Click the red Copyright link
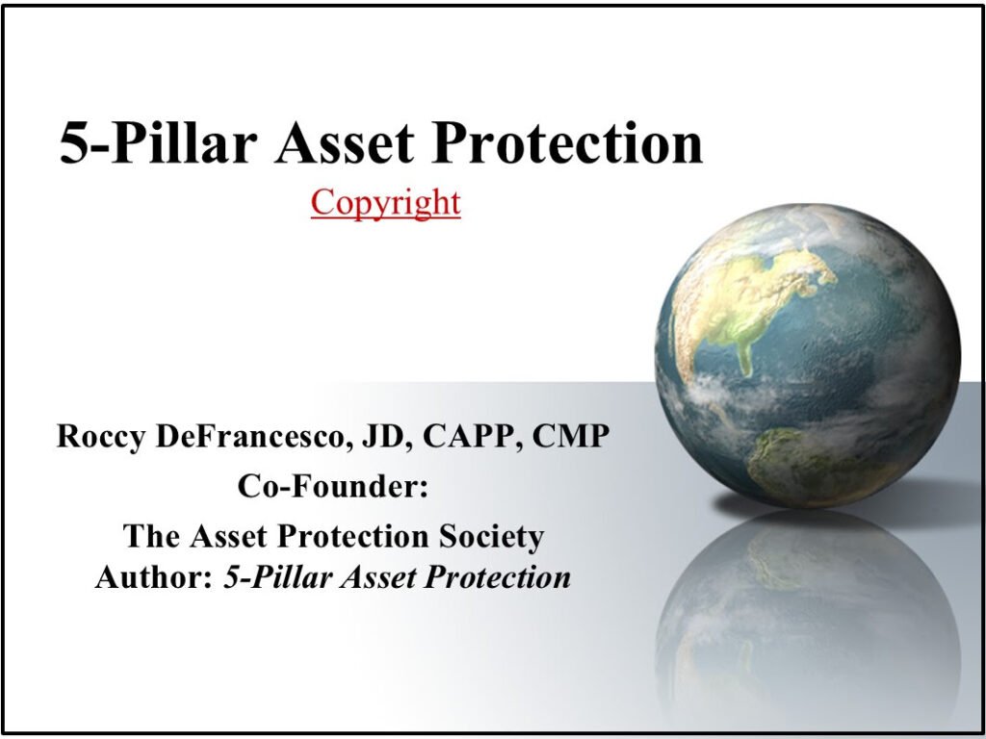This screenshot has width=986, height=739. [x=385, y=204]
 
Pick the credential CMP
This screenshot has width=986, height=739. [x=571, y=436]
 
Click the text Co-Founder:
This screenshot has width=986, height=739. [x=332, y=486]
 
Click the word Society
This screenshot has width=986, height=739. [x=491, y=537]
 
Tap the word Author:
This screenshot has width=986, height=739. [x=154, y=577]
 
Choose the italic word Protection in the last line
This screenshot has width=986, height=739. [x=498, y=577]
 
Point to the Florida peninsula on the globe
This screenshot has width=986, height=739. [x=745, y=358]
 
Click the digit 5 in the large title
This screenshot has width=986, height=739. [x=72, y=143]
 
